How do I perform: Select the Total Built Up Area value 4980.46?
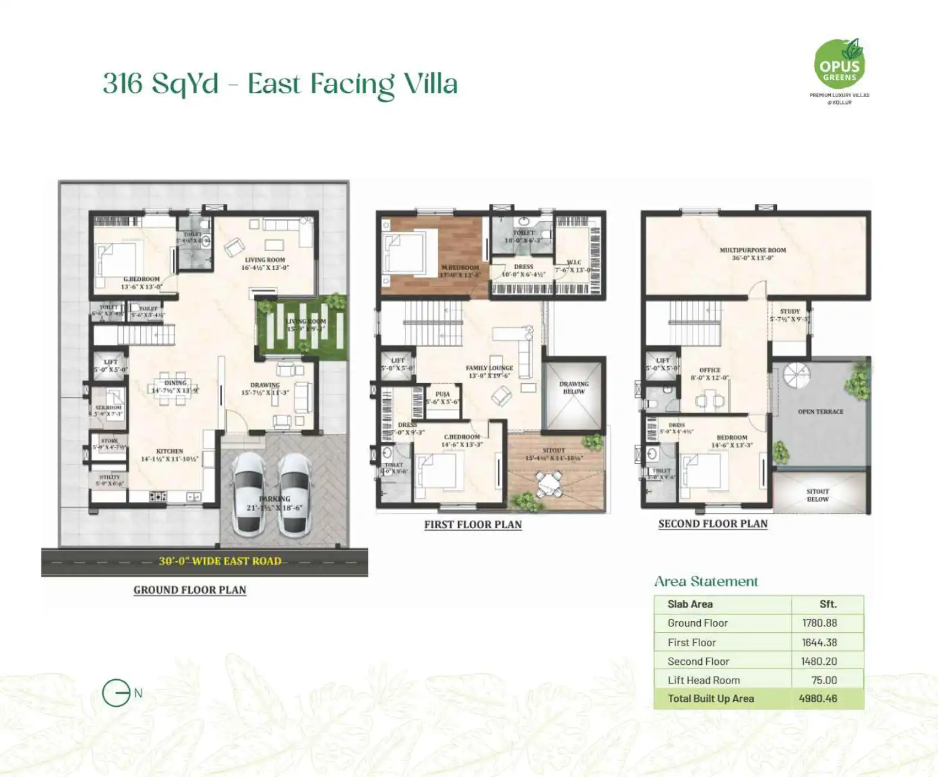[818, 698]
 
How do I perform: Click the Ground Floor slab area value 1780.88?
[819, 623]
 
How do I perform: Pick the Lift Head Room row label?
[703, 680]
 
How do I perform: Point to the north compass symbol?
[116, 693]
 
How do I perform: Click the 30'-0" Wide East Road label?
[219, 561]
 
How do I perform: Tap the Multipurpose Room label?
[752, 254]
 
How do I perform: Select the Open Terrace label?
[820, 412]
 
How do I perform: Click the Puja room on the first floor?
[442, 398]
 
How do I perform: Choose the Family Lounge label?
[489, 371]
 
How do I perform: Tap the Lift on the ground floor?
[110, 366]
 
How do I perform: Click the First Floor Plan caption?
[473, 525]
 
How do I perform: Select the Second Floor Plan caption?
[712, 523]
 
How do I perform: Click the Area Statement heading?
[706, 581]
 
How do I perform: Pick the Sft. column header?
[827, 604]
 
